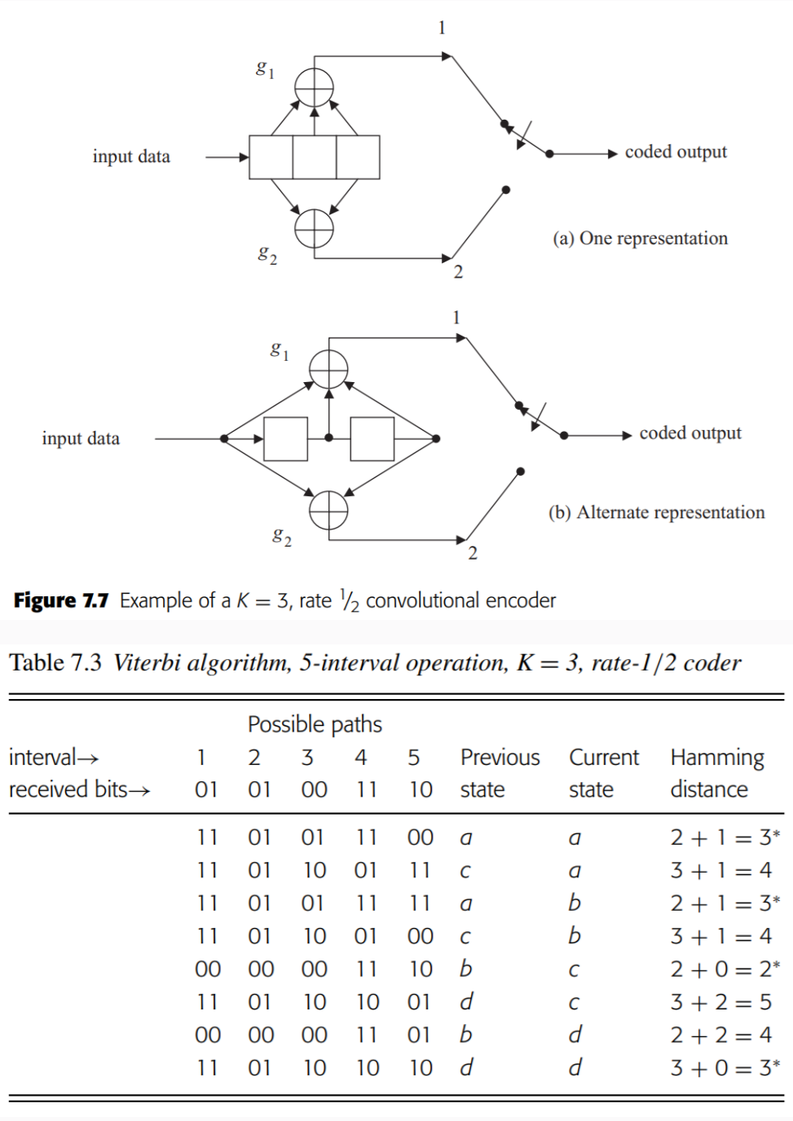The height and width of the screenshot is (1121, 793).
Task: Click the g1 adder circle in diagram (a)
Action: point(314,86)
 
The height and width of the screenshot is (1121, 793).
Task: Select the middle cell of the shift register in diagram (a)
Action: point(314,157)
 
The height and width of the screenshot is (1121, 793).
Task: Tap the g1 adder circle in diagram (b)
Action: point(328,369)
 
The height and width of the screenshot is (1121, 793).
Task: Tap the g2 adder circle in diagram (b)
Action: point(328,511)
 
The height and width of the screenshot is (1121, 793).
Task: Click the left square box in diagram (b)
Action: point(285,439)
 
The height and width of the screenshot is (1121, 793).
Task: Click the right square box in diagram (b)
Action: point(372,439)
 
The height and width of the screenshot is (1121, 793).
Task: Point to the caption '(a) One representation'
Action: point(640,239)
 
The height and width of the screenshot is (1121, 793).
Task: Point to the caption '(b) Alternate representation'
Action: point(656,512)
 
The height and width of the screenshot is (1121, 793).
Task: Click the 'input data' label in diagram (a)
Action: point(131,156)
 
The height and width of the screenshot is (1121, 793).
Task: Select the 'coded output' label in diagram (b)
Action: point(690,433)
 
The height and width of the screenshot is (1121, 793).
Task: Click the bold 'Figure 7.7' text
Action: point(61,601)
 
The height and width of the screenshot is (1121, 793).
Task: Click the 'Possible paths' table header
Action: point(315,724)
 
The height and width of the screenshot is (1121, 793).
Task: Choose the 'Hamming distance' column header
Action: point(716,773)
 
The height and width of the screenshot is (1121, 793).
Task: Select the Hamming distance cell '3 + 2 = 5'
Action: point(720,1002)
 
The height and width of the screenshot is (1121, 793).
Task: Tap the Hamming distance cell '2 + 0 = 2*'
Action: point(725,969)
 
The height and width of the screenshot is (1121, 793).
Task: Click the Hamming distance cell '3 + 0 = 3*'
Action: point(725,1067)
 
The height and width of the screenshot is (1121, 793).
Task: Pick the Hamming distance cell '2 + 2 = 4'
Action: point(720,1035)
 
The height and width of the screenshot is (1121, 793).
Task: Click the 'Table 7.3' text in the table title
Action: point(55,663)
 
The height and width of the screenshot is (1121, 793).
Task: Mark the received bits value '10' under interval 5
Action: point(421,789)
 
